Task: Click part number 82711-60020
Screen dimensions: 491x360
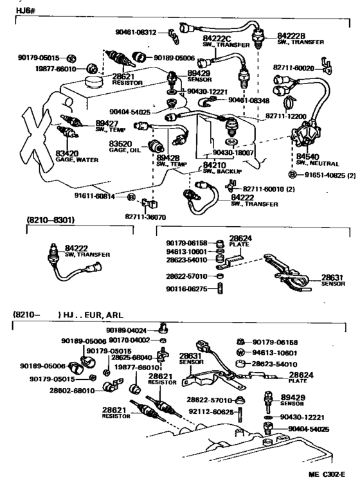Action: tap(295, 67)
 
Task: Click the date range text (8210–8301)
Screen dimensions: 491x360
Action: tap(50, 220)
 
